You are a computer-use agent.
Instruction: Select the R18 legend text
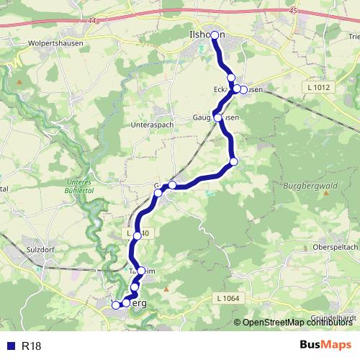pyautogui.click(x=32, y=346)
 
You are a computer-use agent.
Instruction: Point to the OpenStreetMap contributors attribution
pyautogui.click(x=297, y=323)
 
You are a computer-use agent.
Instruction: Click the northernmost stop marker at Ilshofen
pyautogui.click(x=215, y=35)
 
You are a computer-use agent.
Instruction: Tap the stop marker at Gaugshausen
pyautogui.click(x=218, y=117)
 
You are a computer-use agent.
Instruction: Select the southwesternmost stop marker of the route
pyautogui.click(x=115, y=305)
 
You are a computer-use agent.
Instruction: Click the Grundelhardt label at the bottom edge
pyautogui.click(x=334, y=318)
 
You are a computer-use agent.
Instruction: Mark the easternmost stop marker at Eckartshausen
pyautogui.click(x=243, y=89)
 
